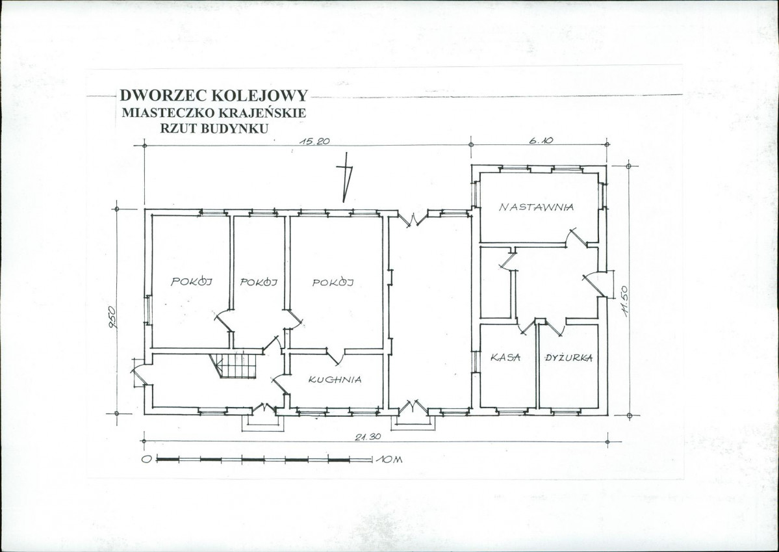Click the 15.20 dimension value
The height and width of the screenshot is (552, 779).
point(314,140)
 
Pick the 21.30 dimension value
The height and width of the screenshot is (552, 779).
point(368,437)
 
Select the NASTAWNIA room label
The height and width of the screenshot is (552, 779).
point(537,206)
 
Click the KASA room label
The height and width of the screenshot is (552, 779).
point(505,357)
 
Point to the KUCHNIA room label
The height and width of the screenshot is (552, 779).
point(335,380)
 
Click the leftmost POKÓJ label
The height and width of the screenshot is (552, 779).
point(192,282)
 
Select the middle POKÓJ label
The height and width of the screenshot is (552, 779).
point(259,282)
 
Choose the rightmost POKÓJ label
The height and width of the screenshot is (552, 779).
point(333,282)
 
